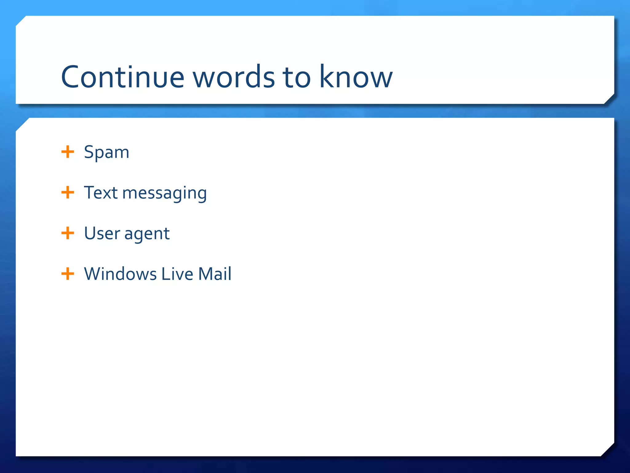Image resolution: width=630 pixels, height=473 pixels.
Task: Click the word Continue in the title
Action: (x=122, y=77)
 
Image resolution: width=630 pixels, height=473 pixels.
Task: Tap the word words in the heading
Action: (x=233, y=77)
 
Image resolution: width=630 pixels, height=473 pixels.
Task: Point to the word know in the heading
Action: (x=356, y=77)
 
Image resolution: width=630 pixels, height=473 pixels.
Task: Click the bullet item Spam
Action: (x=106, y=152)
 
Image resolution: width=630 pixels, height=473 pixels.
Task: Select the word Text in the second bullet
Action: (x=101, y=193)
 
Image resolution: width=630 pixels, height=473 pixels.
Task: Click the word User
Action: (x=102, y=233)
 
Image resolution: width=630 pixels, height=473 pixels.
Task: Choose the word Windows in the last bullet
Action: (x=120, y=274)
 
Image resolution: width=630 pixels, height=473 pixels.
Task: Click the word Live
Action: (x=177, y=274)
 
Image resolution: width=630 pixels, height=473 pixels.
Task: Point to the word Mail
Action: (x=214, y=274)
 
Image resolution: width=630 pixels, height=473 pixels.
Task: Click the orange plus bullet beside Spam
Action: (x=68, y=152)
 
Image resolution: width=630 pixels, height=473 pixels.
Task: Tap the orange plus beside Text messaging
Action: (x=68, y=192)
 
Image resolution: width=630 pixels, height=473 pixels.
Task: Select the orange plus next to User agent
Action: (x=68, y=233)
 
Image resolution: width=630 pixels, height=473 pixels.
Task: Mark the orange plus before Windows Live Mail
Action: (x=68, y=274)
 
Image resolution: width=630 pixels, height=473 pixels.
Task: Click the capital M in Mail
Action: (x=205, y=274)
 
